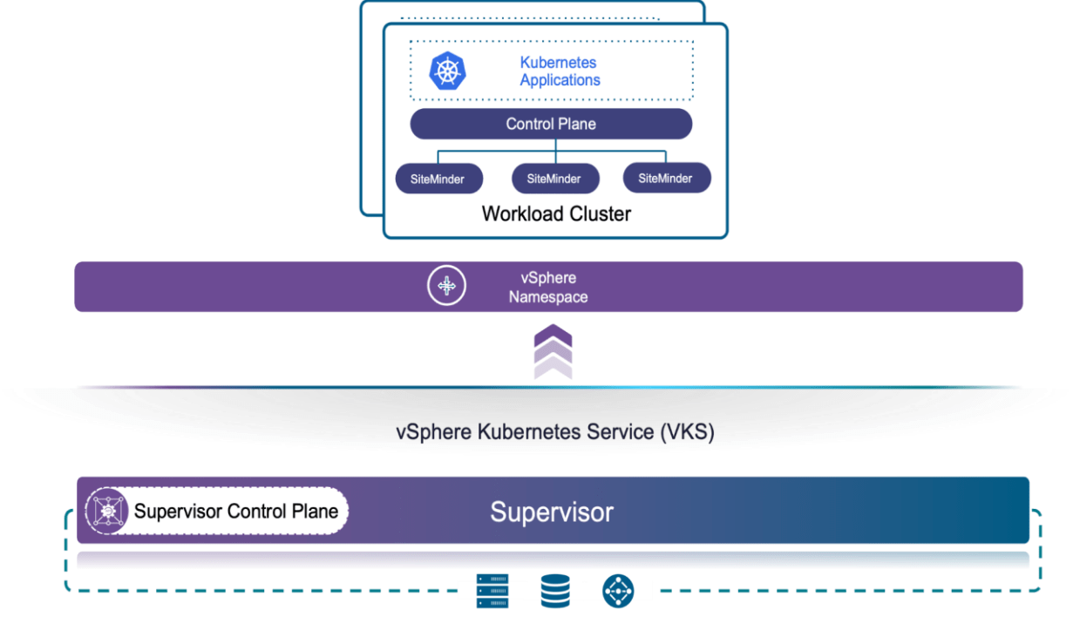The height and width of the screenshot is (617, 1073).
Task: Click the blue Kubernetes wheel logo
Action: coord(448,71)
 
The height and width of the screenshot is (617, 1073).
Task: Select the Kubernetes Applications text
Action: coord(560,71)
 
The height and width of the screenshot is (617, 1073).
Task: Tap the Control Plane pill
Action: coord(551,124)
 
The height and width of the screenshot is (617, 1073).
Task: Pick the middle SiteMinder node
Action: coord(554,179)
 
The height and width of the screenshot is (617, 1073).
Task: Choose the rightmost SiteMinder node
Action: coord(666,178)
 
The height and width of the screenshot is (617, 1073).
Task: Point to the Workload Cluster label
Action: coord(556,214)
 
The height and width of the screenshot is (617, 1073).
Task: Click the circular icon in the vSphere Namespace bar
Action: coord(446,287)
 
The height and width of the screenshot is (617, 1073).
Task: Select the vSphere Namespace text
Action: coord(548,288)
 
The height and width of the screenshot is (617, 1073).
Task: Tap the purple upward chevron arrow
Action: coord(553,351)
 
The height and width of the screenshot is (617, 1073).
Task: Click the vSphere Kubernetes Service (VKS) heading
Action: coord(554,432)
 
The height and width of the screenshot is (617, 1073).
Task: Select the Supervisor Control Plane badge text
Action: coord(236,511)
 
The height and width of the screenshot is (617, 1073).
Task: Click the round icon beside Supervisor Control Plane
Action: coord(107,511)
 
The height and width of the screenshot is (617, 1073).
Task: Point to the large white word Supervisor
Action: coord(551,512)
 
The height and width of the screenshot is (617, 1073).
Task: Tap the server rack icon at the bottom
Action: coord(492,591)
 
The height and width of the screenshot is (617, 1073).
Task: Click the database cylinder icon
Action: coord(555,591)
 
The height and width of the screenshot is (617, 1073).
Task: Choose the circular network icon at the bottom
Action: coord(618,591)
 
